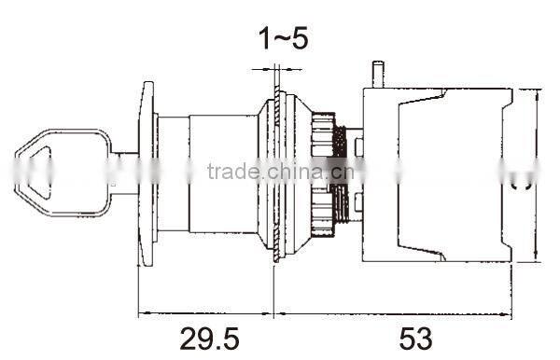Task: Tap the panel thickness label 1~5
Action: coord(282,38)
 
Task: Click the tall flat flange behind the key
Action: coord(146,172)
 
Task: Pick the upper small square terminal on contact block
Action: coord(359,146)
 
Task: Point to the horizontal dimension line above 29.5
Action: coord(205,312)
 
